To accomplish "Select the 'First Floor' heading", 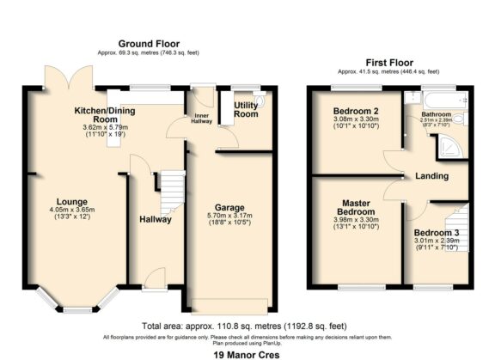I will [389, 63].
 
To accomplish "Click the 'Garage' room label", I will [229, 208].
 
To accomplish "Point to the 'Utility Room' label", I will [246, 109].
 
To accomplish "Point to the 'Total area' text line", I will [247, 327].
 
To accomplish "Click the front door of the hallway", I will [155, 278].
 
